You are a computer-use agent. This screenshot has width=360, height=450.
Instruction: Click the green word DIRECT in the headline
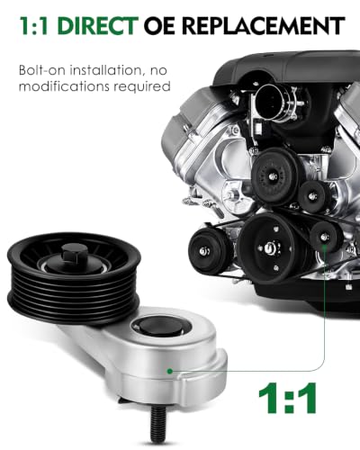pos(98,26)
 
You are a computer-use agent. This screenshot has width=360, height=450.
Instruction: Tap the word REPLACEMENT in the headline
pos(264,26)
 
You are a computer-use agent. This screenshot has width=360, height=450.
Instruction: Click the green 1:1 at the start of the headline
pos(34,26)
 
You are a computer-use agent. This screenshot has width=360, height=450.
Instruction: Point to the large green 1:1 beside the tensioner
pos(287,398)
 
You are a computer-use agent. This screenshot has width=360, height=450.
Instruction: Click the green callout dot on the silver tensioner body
pos(170,372)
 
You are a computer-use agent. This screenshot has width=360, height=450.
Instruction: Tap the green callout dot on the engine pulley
pos(324,247)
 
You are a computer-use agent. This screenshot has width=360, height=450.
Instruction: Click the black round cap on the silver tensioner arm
pos(161,326)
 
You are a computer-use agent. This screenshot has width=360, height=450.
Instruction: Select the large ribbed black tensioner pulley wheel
pos(74,277)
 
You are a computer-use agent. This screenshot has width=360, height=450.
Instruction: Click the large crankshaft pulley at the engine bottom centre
pos(271,247)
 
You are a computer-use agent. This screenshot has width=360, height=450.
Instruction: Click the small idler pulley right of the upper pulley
pos(313,197)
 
